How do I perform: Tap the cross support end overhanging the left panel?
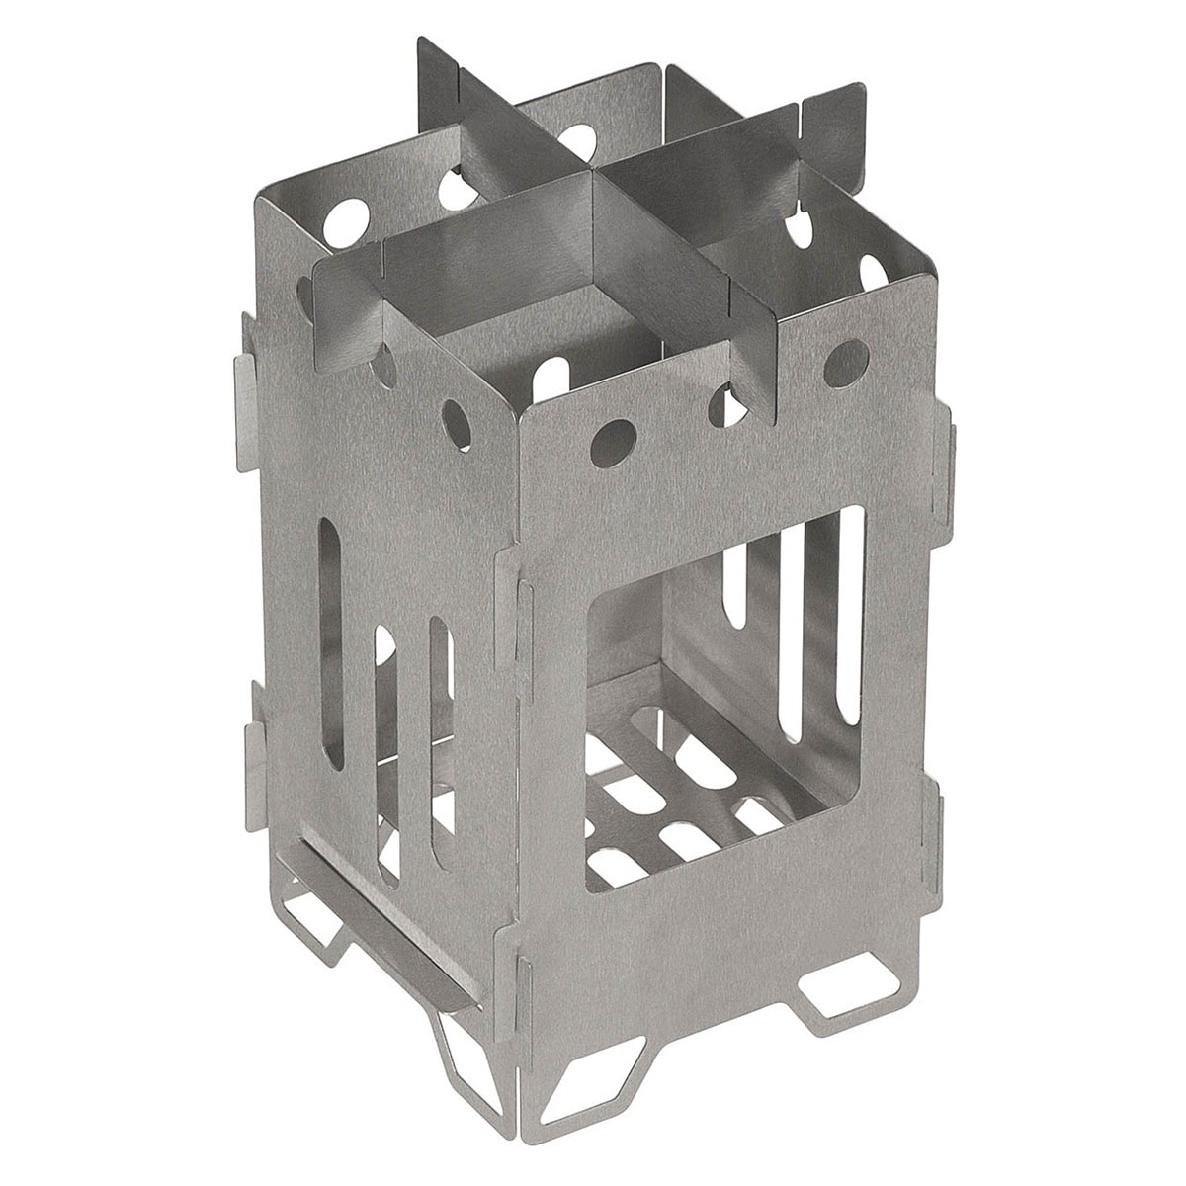(x=331, y=287)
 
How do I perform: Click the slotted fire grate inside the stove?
(x=682, y=791)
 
